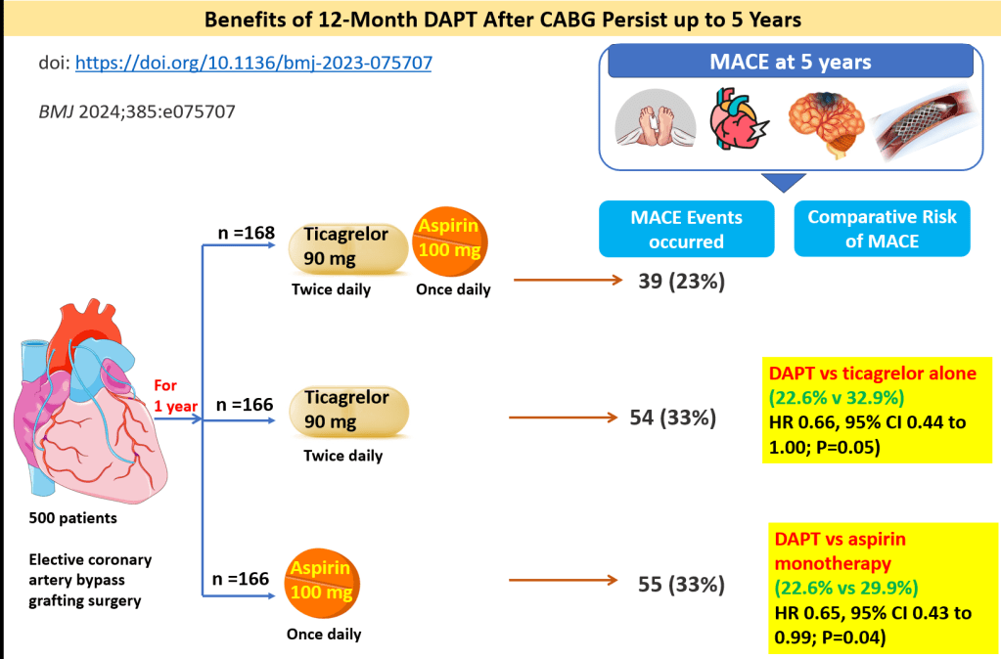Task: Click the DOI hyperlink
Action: click(252, 63)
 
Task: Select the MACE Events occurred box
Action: click(686, 229)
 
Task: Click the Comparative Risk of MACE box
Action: click(882, 229)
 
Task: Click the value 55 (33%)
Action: click(681, 585)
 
